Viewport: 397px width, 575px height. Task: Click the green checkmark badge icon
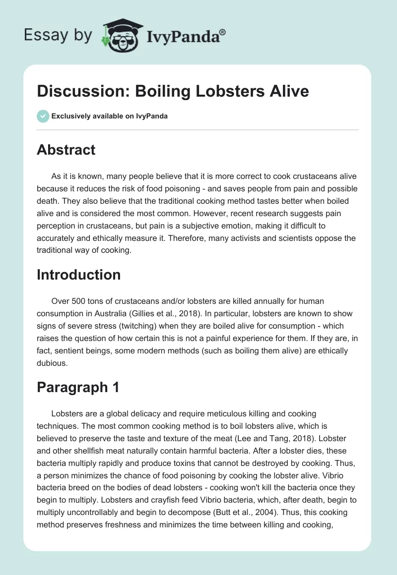point(43,116)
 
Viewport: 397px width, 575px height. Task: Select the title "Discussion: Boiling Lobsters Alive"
point(173,92)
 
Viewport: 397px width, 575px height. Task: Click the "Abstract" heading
point(66,150)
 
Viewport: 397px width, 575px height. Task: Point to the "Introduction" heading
point(79,275)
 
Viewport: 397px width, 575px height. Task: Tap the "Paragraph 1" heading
point(78,388)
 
